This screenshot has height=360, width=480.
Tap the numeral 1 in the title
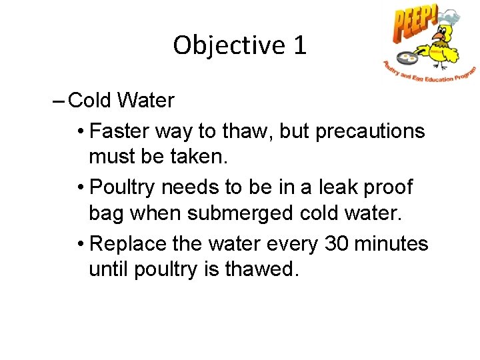click(x=299, y=45)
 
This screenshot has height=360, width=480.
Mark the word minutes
click(x=395, y=244)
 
